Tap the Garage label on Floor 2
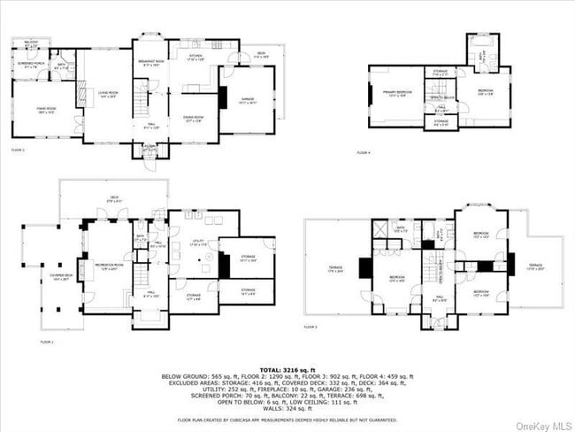236,102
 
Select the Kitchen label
196,58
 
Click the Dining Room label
195,120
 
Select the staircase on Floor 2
141,95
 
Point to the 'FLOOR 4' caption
364,153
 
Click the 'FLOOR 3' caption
310,327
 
